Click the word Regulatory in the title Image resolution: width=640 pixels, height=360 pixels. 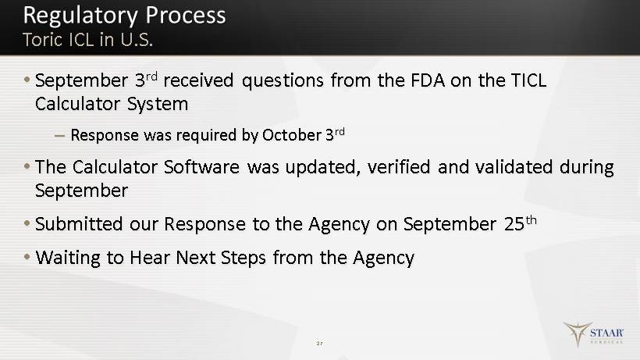point(80,16)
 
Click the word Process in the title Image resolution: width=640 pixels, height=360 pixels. point(185,15)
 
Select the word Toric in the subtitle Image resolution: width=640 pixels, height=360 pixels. point(42,40)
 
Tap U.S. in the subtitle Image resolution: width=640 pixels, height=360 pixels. point(137,40)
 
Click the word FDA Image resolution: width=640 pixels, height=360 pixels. point(428,80)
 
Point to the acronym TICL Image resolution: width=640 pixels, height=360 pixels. point(528,80)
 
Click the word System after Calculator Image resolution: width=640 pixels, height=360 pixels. point(158,105)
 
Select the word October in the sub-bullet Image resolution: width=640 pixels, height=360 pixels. point(292,135)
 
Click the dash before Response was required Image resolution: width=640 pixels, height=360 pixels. point(59,136)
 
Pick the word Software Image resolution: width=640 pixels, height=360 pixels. point(201,167)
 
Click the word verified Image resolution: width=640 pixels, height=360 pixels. point(399,167)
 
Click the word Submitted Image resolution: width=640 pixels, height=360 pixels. point(79,224)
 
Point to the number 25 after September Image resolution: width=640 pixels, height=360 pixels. point(514,224)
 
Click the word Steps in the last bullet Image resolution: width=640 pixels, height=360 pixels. point(244,258)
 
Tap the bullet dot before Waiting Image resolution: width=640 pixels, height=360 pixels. point(27,257)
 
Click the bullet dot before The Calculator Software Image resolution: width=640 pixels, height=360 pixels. point(27,166)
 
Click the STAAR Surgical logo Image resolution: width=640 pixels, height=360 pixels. point(593,334)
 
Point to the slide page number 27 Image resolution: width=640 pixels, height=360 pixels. point(319,344)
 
